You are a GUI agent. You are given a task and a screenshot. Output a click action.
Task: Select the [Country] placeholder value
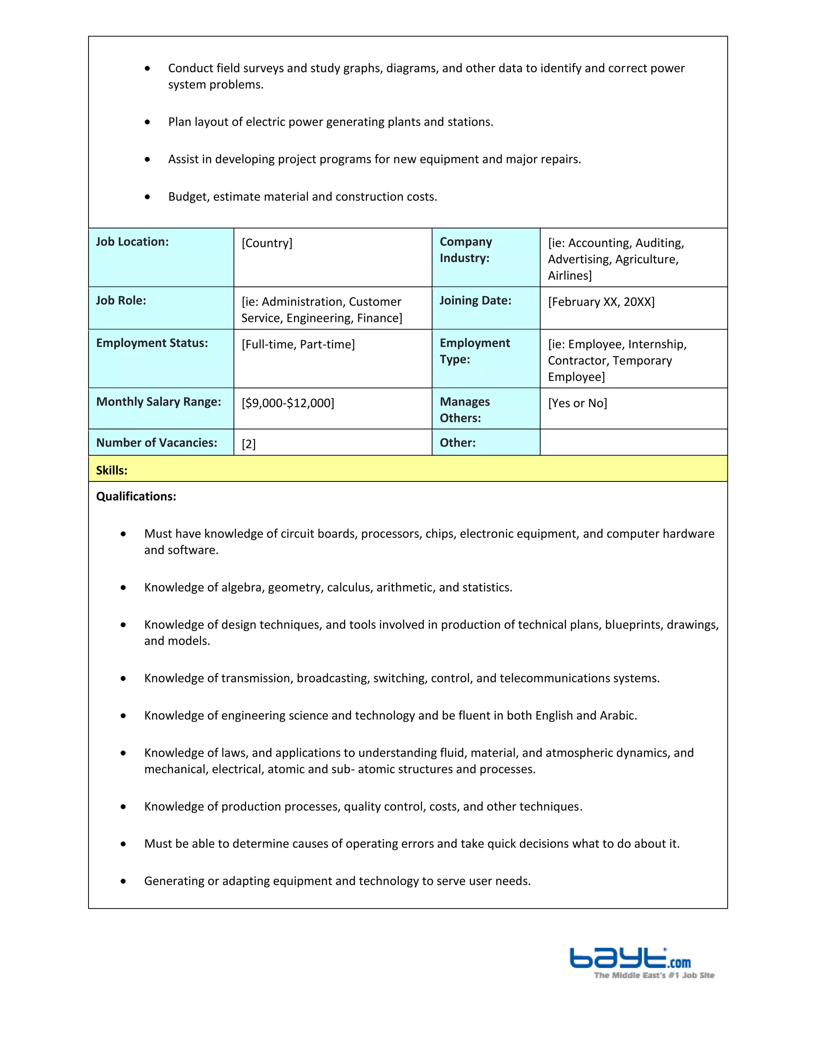tap(267, 243)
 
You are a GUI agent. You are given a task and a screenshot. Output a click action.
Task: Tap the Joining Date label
tap(475, 301)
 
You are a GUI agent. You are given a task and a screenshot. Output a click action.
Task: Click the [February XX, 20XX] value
tap(601, 302)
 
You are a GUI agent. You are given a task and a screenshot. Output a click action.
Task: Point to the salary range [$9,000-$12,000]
tap(288, 403)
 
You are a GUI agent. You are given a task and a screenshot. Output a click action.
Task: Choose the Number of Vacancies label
tap(156, 443)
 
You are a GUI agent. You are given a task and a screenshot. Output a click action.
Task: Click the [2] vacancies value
tap(248, 444)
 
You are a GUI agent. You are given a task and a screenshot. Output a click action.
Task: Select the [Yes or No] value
tap(577, 403)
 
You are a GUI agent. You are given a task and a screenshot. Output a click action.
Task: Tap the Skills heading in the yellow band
tap(112, 470)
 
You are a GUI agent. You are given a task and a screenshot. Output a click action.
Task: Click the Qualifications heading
tap(136, 497)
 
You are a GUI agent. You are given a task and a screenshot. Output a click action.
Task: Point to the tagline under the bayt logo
tap(654, 975)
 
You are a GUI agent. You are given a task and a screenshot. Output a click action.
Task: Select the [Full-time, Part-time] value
tap(298, 345)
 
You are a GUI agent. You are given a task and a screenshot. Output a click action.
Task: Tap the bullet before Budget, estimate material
tap(147, 197)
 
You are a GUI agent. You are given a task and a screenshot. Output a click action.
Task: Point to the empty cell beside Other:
tap(633, 442)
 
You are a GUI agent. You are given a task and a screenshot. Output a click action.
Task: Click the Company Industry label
tap(465, 250)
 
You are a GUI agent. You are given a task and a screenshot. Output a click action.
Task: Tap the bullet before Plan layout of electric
tap(147, 122)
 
